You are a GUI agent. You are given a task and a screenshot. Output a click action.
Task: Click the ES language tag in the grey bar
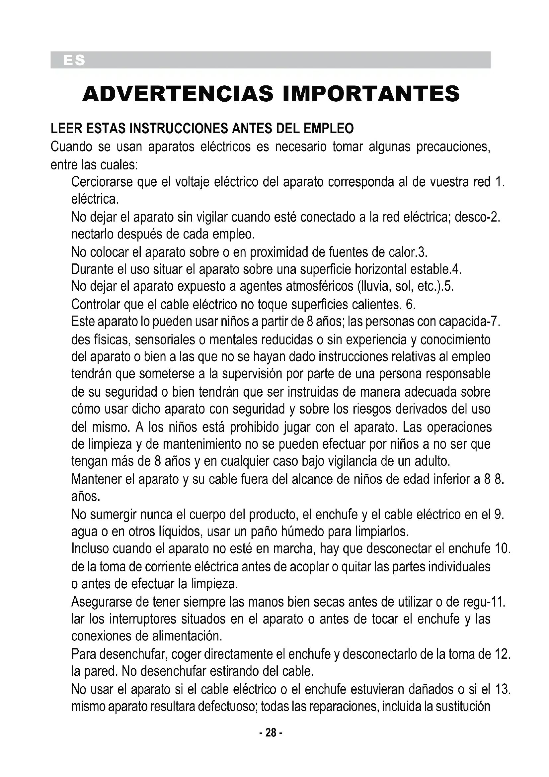(74, 60)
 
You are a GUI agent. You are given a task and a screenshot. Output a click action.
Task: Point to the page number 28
(271, 733)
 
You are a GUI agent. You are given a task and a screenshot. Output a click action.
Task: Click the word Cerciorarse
(102, 182)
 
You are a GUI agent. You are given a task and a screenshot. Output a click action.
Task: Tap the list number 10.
(502, 548)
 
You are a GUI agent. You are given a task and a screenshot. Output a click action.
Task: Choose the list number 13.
(502, 689)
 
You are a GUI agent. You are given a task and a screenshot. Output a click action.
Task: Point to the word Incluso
(90, 548)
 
